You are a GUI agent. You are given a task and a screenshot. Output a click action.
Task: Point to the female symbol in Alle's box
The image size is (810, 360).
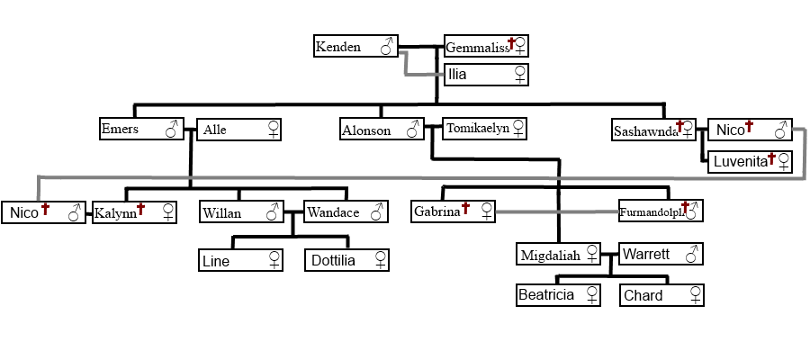(x=273, y=130)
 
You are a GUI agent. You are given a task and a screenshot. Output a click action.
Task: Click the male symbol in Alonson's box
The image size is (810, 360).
(x=412, y=130)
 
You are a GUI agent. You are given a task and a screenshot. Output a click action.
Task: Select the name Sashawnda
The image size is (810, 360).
(x=644, y=130)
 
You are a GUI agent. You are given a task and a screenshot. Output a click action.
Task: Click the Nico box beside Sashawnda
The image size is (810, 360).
(x=750, y=130)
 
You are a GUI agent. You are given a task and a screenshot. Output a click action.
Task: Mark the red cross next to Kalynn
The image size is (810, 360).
(x=140, y=209)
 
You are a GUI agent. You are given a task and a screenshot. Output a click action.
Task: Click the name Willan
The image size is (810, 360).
(x=221, y=212)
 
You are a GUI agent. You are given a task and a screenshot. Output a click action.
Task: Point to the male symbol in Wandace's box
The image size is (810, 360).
(x=378, y=211)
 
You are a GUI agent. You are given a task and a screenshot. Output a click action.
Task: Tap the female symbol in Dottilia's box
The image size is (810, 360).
(x=380, y=261)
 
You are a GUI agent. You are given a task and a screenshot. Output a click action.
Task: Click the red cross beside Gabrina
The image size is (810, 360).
(x=466, y=209)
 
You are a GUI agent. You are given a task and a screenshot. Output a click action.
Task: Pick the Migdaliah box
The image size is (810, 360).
(x=559, y=255)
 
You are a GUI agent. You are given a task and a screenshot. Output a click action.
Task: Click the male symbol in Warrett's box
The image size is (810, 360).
(x=691, y=255)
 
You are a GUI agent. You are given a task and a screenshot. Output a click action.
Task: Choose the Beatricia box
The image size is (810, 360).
(x=559, y=295)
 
